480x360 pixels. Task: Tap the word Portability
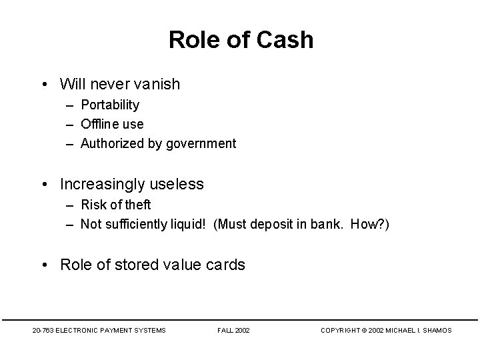[110, 105]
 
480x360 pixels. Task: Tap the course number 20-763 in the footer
[44, 330]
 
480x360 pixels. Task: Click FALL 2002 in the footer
[234, 330]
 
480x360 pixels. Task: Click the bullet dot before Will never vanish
[43, 84]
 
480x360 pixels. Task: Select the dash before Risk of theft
[70, 205]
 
